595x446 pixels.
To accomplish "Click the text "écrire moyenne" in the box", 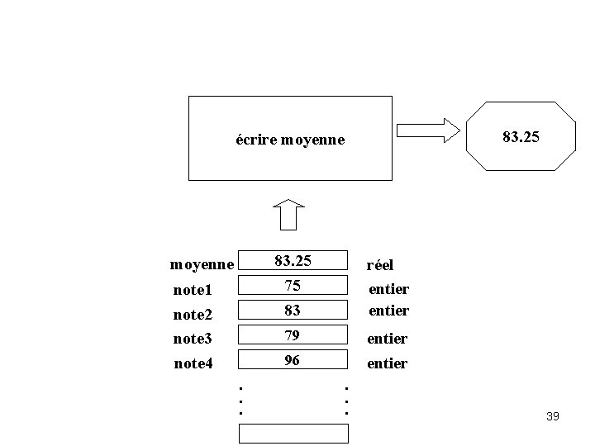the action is (289, 140).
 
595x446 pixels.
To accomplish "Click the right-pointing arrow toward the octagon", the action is (427, 130).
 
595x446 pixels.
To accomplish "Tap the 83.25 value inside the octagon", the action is (521, 135).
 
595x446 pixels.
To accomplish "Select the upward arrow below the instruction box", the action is (288, 215).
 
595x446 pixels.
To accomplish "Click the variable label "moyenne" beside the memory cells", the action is (202, 265).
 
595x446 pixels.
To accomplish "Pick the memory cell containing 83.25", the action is (293, 261).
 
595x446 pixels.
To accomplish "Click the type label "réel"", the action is (380, 265).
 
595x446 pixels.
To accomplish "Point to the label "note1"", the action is (193, 290).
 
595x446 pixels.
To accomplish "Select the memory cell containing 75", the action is (293, 286).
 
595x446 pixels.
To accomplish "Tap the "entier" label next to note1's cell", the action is (388, 289).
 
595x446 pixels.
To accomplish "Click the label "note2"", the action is (193, 315).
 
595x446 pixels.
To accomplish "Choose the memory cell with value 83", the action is (293, 311).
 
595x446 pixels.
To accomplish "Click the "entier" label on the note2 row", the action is (388, 311).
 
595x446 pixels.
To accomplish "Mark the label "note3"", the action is (193, 339).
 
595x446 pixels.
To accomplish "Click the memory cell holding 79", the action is (293, 334).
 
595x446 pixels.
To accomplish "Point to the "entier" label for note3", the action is (388, 339).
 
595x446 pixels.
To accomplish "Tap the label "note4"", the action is (193, 363).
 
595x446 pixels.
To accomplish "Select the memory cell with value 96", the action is (293, 360).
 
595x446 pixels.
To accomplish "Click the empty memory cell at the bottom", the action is (293, 433).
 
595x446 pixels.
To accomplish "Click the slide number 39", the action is (553, 416).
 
